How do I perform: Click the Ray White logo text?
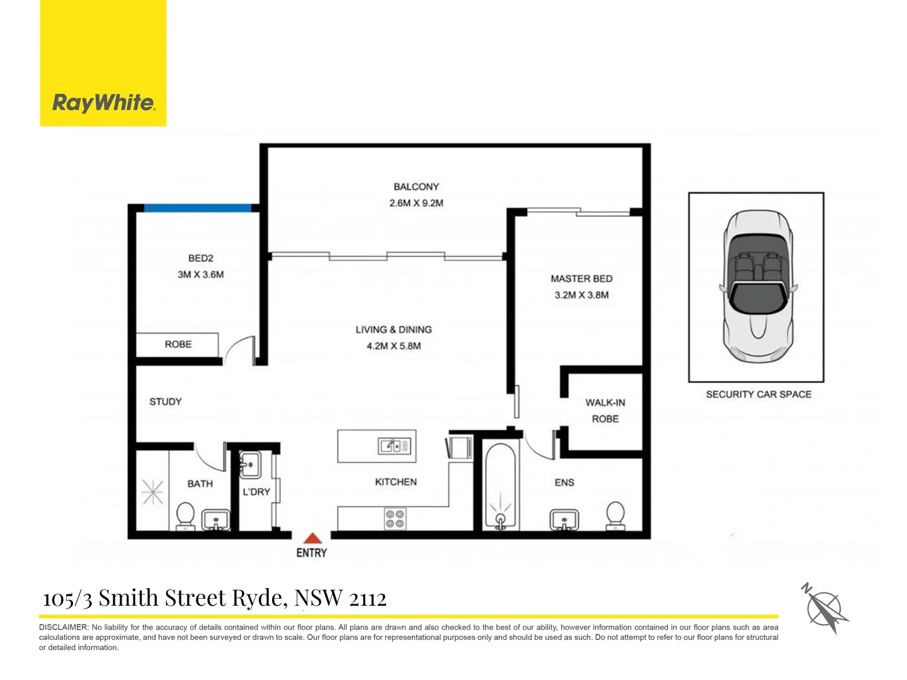click(x=103, y=103)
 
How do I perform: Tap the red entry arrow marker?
click(x=312, y=538)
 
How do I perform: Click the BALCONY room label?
click(x=416, y=187)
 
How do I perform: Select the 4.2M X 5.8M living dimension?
click(x=394, y=346)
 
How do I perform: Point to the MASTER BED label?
click(x=581, y=279)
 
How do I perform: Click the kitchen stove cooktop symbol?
click(x=395, y=519)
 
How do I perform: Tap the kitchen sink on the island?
click(x=394, y=446)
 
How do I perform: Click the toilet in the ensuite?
click(x=615, y=516)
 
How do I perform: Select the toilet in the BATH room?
click(x=185, y=516)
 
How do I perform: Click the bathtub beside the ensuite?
click(x=500, y=485)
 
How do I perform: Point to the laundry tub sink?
click(x=250, y=465)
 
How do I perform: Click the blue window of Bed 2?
click(x=198, y=208)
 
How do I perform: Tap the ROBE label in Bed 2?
click(x=178, y=344)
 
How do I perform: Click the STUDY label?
click(x=166, y=402)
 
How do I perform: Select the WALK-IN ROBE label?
click(x=605, y=411)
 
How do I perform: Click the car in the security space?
click(x=756, y=286)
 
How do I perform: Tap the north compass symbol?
click(x=825, y=609)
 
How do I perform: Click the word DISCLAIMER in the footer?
click(x=64, y=627)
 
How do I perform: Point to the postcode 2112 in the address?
click(x=367, y=598)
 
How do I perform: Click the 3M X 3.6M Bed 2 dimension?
click(x=200, y=275)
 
